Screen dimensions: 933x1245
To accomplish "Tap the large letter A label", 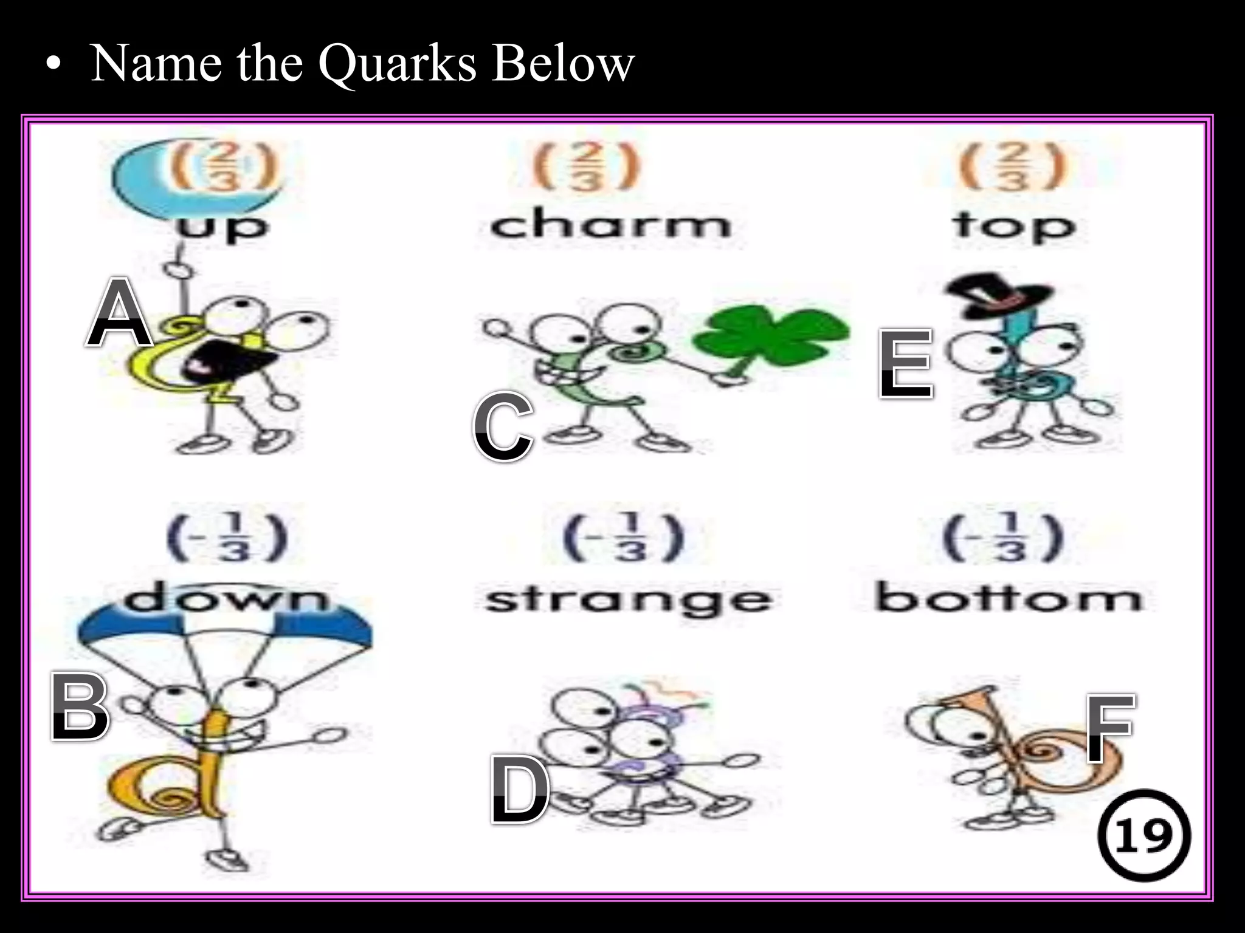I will (x=119, y=313).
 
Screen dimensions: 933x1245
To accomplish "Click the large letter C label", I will (x=503, y=427).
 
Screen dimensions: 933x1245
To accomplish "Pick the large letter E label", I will (x=905, y=364).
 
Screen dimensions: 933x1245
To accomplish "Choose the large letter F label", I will (x=1110, y=728).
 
